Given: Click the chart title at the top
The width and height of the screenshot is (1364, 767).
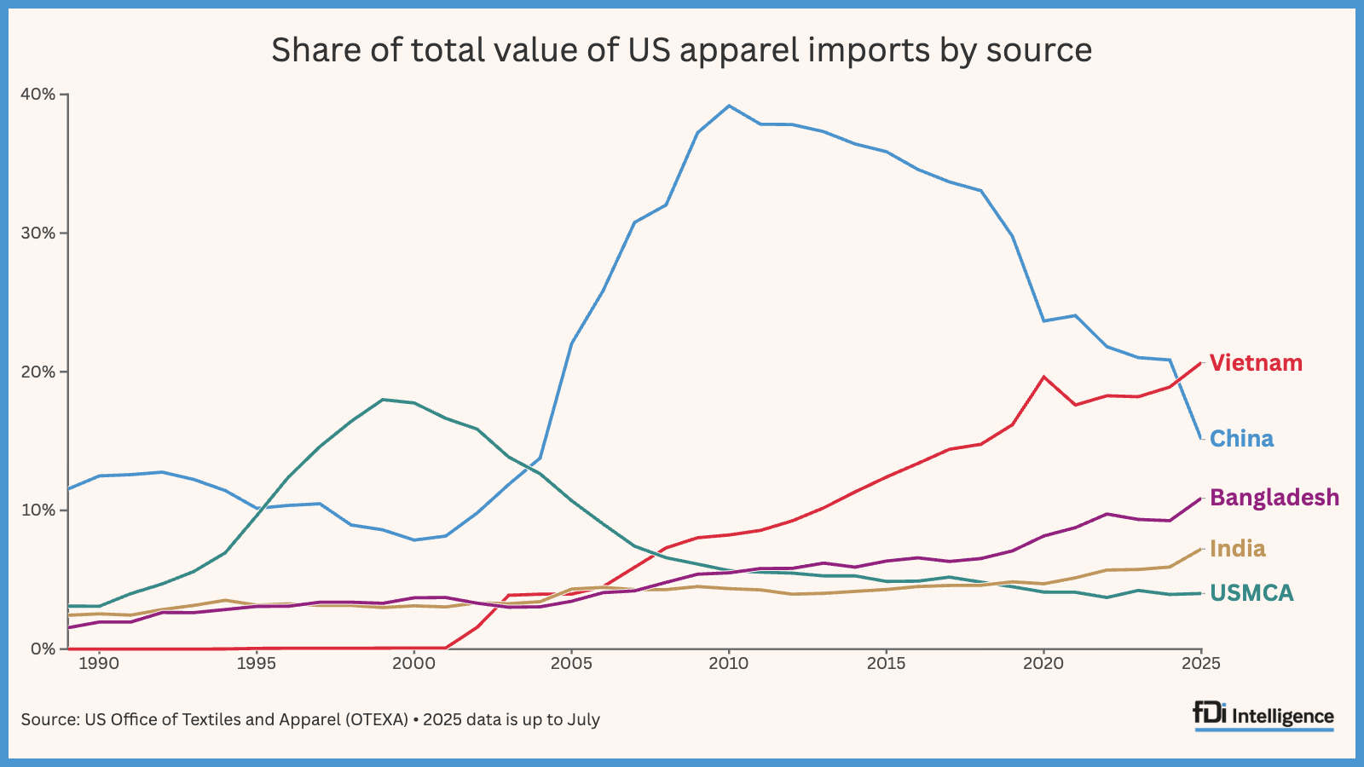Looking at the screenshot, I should coord(681,50).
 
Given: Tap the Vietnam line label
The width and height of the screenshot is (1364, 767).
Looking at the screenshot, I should coord(1256,363).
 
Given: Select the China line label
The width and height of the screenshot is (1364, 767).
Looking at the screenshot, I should coord(1241,439).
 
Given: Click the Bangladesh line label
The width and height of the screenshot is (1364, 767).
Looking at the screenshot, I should coord(1274,498).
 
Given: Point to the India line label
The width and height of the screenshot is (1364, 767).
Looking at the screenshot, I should coord(1237,549).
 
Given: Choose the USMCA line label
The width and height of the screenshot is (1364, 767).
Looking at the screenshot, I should coord(1251,593).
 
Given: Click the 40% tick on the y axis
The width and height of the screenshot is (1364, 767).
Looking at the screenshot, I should coord(38,94).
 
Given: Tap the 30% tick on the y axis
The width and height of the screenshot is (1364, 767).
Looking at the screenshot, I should coord(38,233).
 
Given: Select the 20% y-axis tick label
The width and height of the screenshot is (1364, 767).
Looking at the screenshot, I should coord(38,372).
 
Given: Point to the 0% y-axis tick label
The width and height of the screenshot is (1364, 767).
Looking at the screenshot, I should coord(43,649).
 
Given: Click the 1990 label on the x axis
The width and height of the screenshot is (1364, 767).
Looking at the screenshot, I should coord(99,664).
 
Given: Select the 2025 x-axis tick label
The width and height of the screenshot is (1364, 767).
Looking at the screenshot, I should coord(1201,664).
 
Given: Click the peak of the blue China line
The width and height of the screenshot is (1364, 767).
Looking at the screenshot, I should coord(729,106).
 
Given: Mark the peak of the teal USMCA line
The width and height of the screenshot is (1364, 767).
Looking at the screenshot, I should coord(382,399).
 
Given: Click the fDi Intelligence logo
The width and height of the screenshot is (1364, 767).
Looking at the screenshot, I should coord(1263,716).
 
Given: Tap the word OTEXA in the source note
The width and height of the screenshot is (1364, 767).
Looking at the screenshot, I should coord(377,719).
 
